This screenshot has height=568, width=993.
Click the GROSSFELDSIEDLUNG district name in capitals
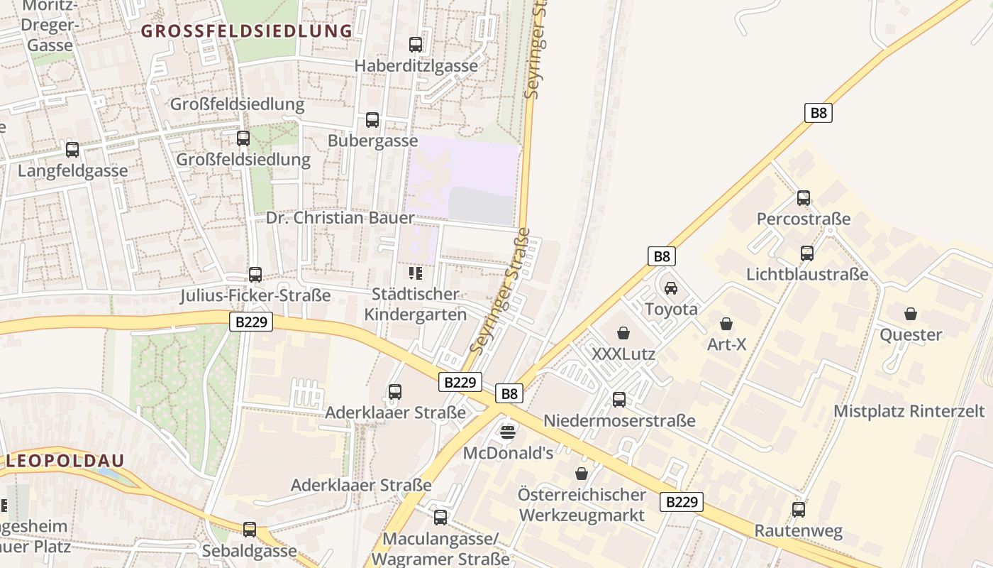click(246, 31)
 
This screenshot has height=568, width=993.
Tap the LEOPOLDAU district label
click(66, 460)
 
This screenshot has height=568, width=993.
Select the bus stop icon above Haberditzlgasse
click(416, 45)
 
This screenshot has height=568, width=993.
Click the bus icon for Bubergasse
click(372, 120)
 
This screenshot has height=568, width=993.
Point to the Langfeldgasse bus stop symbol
click(72, 150)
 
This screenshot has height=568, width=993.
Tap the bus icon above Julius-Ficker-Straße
click(255, 274)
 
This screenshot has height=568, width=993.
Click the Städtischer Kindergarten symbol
click(416, 273)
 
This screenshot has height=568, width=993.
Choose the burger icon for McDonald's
click(508, 432)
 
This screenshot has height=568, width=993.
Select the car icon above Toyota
click(671, 288)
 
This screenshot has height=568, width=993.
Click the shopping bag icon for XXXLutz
click(623, 332)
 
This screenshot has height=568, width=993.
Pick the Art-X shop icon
click(726, 324)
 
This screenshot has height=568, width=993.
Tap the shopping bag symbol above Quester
click(911, 314)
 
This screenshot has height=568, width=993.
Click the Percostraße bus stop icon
click(804, 197)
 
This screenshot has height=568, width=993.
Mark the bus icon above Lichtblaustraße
click(807, 253)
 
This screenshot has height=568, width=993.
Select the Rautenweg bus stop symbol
click(799, 509)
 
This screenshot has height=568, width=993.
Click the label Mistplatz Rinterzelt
click(909, 411)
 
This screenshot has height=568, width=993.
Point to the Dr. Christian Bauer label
click(340, 217)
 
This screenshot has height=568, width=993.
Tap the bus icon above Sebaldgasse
click(249, 529)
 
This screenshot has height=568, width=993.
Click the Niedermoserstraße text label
click(619, 421)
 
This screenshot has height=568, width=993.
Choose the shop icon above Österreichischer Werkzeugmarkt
click(582, 474)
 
